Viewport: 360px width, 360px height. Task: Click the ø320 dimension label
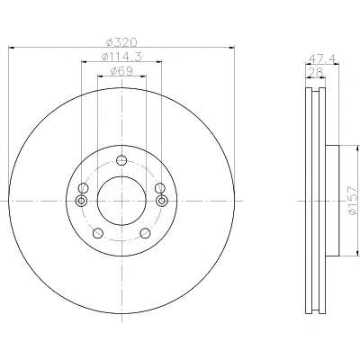point(121,42)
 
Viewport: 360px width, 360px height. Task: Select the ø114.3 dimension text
point(121,57)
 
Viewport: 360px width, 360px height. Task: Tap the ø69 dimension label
point(121,71)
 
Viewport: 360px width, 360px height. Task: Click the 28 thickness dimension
point(315,72)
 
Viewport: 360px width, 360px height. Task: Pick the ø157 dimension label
point(354,201)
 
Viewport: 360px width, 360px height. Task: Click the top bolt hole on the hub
point(121,160)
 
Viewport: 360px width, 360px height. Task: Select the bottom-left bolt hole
point(98,233)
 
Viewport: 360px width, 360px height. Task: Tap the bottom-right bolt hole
point(145,233)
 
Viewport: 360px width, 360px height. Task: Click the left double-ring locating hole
point(81,201)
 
